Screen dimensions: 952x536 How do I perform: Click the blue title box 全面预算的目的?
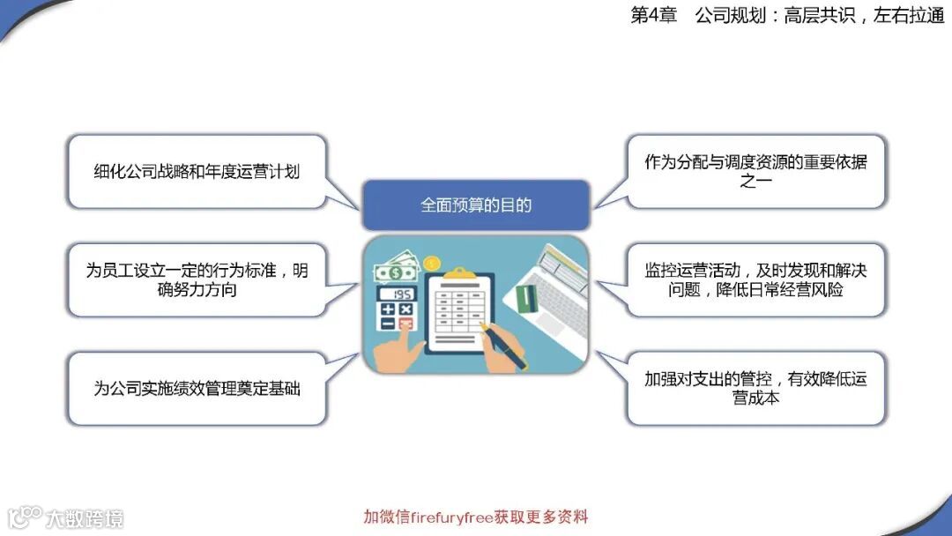pyautogui.click(x=475, y=205)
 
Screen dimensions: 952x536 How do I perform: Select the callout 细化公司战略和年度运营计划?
pyautogui.click(x=197, y=171)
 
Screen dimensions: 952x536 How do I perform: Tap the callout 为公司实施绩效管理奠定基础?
pyautogui.click(x=197, y=388)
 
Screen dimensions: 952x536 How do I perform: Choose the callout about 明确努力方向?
pyautogui.click(x=197, y=279)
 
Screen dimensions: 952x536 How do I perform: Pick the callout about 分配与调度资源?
pyautogui.click(x=755, y=171)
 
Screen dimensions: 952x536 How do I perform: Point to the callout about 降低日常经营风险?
pyautogui.click(x=755, y=279)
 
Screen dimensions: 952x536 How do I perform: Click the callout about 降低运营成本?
pyautogui.click(x=755, y=388)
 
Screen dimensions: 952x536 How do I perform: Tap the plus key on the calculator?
pyautogui.click(x=388, y=309)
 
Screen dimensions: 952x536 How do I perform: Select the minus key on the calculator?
pyautogui.click(x=388, y=324)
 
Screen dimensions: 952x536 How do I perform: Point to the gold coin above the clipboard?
pyautogui.click(x=432, y=263)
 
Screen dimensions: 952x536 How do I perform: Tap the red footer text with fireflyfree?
pyautogui.click(x=475, y=517)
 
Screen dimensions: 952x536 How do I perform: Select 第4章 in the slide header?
pyautogui.click(x=653, y=16)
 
